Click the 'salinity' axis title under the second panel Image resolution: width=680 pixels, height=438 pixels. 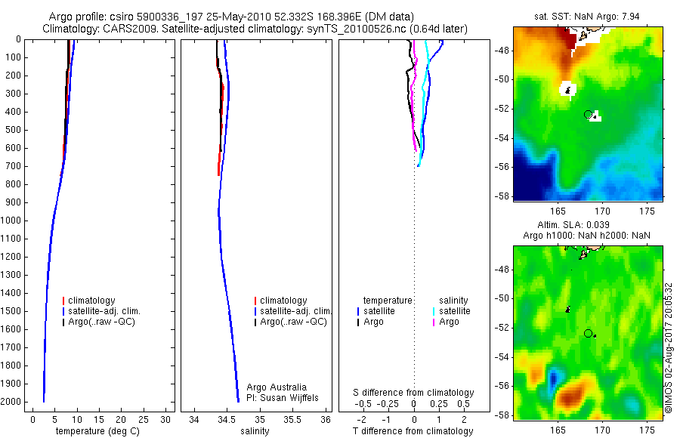[254, 432]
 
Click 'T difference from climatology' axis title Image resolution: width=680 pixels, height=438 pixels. [413, 432]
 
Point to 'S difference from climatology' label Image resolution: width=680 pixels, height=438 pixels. [414, 393]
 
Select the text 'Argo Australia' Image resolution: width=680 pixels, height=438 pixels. [277, 387]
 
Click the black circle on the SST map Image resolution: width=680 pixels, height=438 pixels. [588, 114]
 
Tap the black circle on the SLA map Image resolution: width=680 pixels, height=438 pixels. [588, 333]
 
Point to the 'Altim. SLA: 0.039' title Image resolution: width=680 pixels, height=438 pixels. [589, 225]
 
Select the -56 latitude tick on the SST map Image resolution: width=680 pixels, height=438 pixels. [502, 167]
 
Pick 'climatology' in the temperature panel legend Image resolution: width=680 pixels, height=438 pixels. [94, 301]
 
